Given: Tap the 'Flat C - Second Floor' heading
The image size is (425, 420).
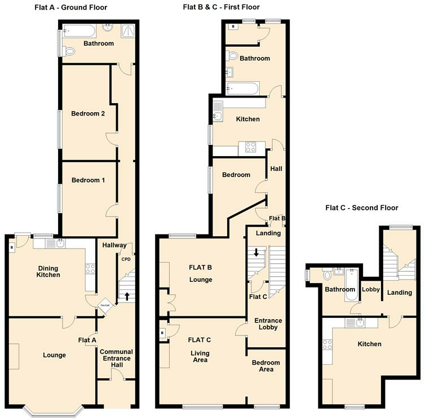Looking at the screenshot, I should (x=362, y=207).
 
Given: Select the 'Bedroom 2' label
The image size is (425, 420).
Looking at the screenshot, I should (x=88, y=113).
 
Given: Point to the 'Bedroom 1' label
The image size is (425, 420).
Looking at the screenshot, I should (x=88, y=180).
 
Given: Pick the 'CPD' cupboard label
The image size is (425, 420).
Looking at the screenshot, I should (x=126, y=259).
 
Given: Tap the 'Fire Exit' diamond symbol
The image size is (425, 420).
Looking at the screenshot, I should (x=104, y=305).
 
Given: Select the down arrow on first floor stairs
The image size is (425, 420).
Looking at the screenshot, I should (x=256, y=253).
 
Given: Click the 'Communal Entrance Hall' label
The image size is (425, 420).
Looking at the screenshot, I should (x=116, y=359).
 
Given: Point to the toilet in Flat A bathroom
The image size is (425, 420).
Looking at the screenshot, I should (x=69, y=51).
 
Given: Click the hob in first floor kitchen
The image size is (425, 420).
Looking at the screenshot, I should (x=249, y=148).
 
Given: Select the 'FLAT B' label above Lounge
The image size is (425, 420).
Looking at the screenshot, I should (x=200, y=268).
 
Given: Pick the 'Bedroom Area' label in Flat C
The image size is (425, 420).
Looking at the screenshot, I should (x=265, y=366).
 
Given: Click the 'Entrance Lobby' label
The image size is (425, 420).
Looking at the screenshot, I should (x=268, y=324).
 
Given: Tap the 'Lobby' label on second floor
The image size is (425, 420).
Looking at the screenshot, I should (x=371, y=290).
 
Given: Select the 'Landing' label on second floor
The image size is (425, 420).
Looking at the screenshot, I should (x=399, y=293).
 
